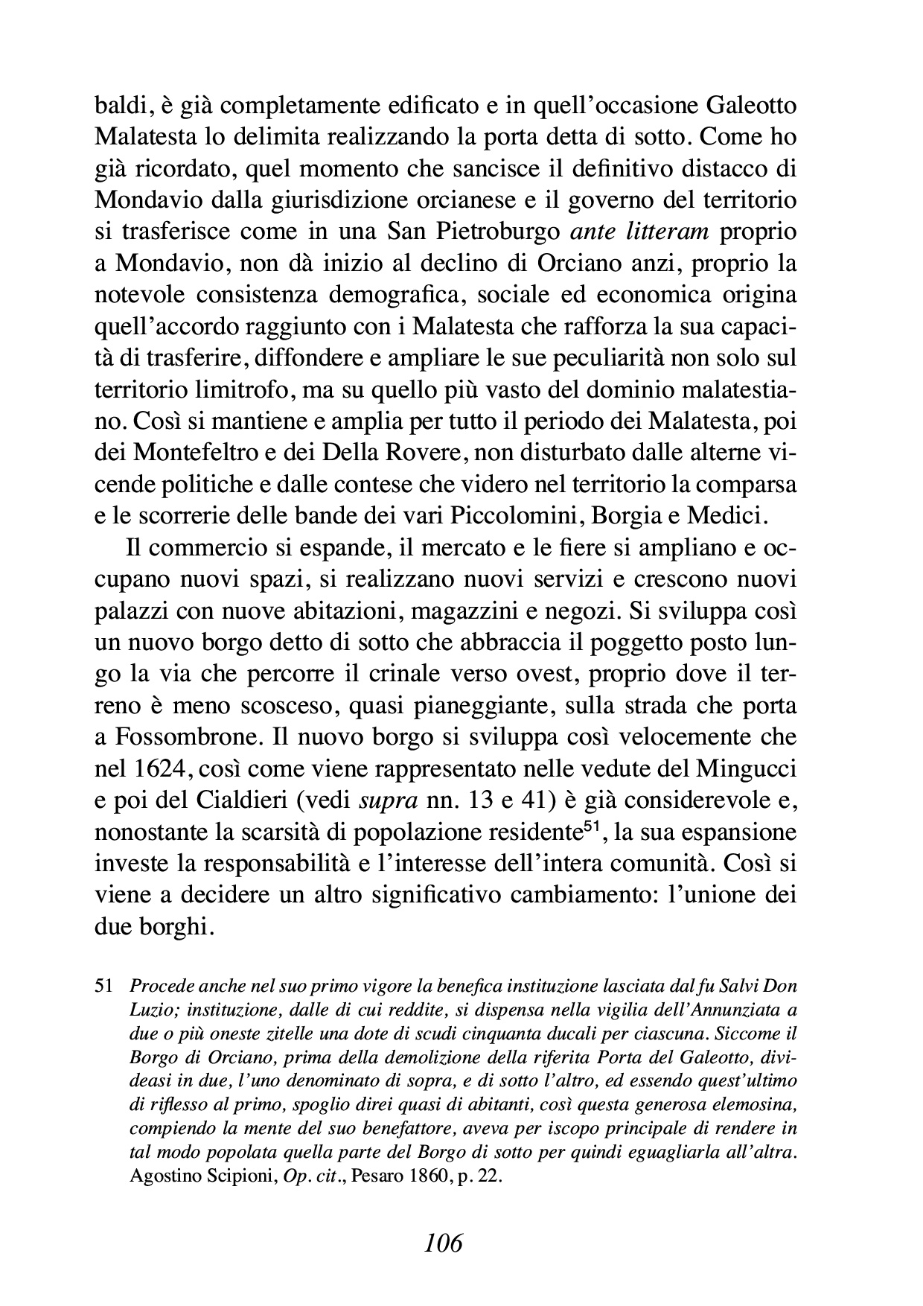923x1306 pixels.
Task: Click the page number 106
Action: [x=443, y=1242]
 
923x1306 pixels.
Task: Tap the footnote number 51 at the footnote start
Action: [x=103, y=987]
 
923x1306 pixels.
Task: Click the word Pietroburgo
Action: [x=498, y=232]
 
